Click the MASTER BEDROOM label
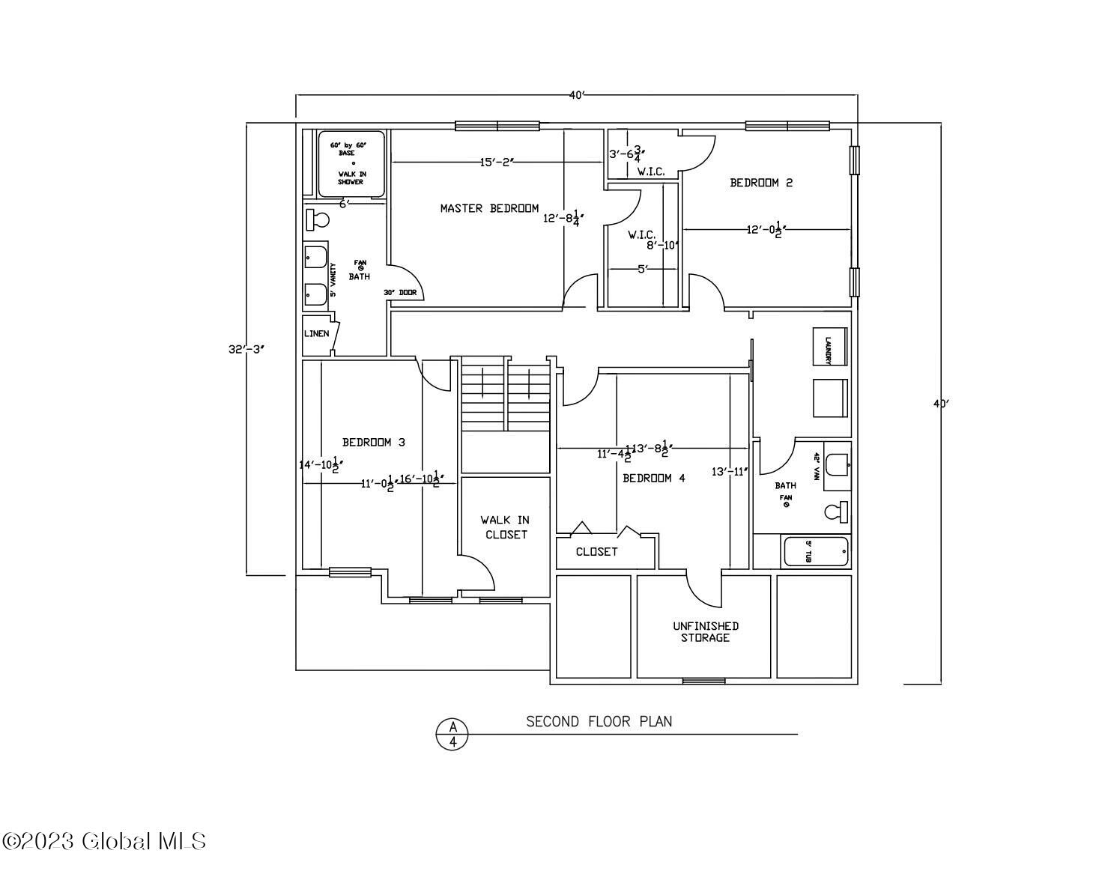click(x=488, y=208)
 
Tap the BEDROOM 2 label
click(x=760, y=182)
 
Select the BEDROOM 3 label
click(x=373, y=442)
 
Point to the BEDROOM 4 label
click(x=653, y=478)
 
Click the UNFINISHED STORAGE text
click(x=705, y=631)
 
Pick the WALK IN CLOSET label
click(x=505, y=527)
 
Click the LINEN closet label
click(x=316, y=333)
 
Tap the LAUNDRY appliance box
click(x=830, y=347)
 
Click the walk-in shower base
click(x=351, y=163)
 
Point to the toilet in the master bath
click(x=318, y=220)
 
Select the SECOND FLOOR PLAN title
click(x=599, y=721)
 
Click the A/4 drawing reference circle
click(x=452, y=733)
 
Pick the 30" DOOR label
click(x=399, y=293)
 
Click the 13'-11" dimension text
click(x=730, y=472)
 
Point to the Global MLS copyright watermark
click(x=104, y=841)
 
